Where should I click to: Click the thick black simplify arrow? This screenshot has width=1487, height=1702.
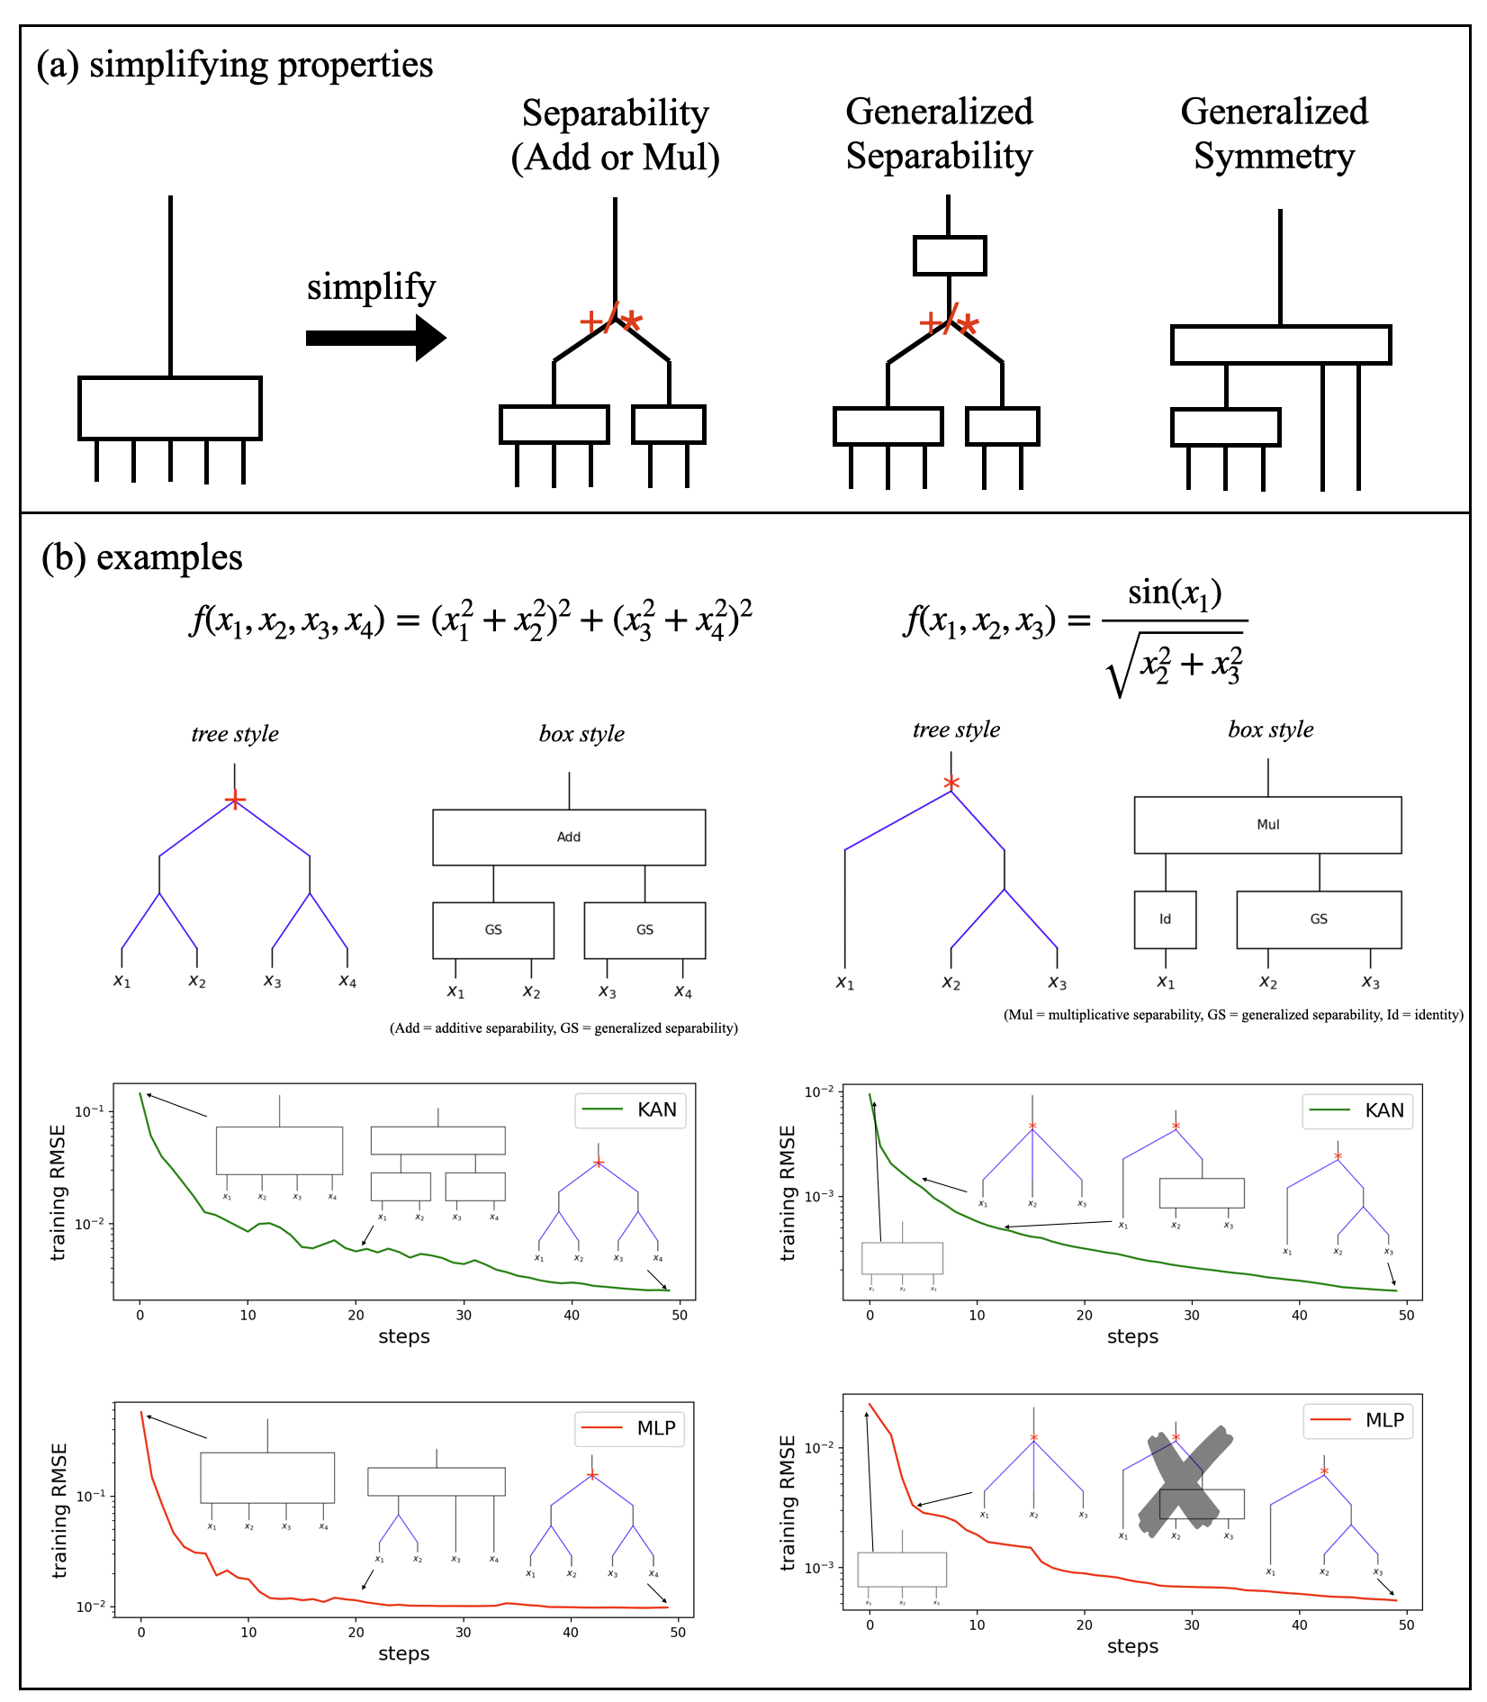[374, 338]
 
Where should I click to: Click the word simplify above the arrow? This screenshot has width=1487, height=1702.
[371, 287]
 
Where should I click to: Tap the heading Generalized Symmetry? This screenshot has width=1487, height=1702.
[1274, 133]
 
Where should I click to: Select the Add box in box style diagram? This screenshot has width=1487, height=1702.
[569, 837]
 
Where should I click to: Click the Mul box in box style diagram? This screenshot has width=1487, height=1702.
[1267, 825]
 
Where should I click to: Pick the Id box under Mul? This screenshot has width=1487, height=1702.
[1165, 919]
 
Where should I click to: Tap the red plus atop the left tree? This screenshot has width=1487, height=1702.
[235, 800]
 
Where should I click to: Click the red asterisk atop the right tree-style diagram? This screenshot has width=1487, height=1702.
[951, 783]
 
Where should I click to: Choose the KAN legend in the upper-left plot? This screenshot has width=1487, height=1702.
[630, 1109]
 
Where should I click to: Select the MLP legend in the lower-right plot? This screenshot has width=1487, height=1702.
[1358, 1420]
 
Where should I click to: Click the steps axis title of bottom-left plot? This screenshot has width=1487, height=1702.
[403, 1653]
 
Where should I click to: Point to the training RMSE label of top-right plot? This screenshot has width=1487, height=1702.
[788, 1192]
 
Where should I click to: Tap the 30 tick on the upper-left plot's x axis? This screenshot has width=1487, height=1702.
[464, 1315]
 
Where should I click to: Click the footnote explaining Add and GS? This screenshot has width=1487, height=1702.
[563, 1028]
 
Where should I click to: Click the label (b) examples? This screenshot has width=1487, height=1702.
[142, 557]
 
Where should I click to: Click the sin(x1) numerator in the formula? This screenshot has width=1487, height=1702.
[1175, 593]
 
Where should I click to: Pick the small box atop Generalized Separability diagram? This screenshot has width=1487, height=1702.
[950, 256]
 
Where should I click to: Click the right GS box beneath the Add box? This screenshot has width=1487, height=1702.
[644, 930]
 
